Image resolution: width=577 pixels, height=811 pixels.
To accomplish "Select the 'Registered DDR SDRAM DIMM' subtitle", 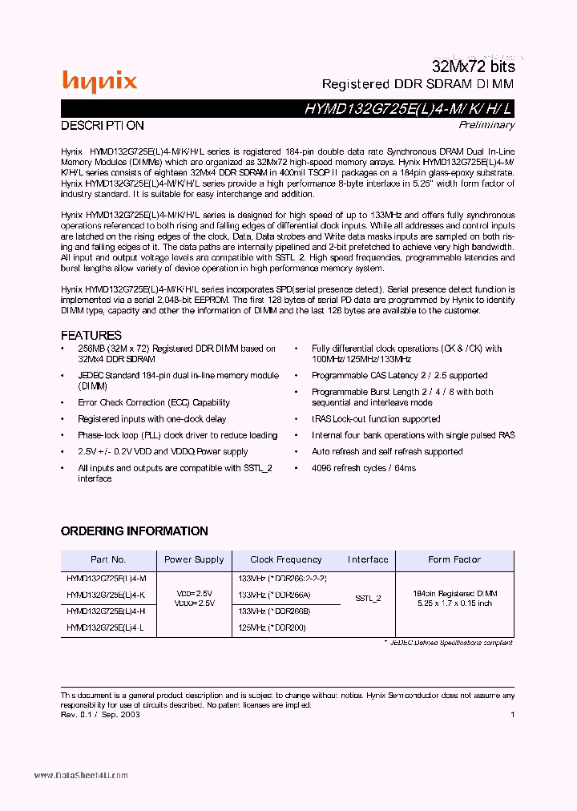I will pos(418,84).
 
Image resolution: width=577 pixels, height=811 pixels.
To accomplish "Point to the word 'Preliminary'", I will pos(486,124).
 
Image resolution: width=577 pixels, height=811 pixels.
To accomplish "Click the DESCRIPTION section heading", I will pos(103,126).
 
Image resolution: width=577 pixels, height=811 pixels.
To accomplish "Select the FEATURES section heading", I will pos(91,335).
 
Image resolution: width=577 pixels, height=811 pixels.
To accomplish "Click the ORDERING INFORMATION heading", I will pos(135,531).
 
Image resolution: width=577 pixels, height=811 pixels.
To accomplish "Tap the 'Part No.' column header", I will pos(108,559).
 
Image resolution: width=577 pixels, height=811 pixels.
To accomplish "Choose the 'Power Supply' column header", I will pos(194,559).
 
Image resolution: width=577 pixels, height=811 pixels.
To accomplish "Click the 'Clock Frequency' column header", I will pos(286,559).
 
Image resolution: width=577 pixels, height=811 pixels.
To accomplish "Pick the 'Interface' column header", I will pos(368,559).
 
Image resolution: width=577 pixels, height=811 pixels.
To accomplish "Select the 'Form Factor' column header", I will pos(454,559).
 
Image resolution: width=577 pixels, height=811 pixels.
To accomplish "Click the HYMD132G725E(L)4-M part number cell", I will pos(107,578).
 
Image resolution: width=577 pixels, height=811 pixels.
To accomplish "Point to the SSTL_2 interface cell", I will pos(368,598).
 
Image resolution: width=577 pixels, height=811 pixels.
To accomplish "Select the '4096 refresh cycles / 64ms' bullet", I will pos(364,468).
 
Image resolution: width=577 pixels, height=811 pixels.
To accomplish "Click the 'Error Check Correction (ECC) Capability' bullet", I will pos(154,402).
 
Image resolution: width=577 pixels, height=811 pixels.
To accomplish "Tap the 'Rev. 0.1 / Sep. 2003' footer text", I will pos(101,714).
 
